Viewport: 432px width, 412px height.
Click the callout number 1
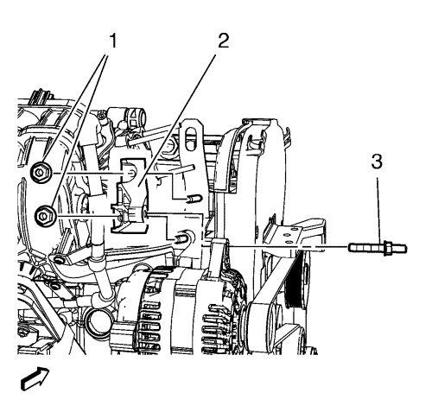point(113,41)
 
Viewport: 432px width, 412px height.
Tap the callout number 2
point(223,41)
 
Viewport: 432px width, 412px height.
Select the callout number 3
point(377,162)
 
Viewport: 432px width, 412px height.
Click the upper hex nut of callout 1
point(41,173)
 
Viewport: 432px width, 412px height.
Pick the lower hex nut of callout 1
point(45,215)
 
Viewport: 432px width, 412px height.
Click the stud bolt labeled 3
point(378,248)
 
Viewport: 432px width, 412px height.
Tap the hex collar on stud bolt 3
point(387,248)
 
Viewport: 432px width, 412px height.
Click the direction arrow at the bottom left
point(35,379)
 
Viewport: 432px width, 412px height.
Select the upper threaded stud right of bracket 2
point(194,199)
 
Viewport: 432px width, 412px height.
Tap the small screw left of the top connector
point(100,117)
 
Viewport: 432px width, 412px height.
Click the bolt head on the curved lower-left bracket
point(60,261)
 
